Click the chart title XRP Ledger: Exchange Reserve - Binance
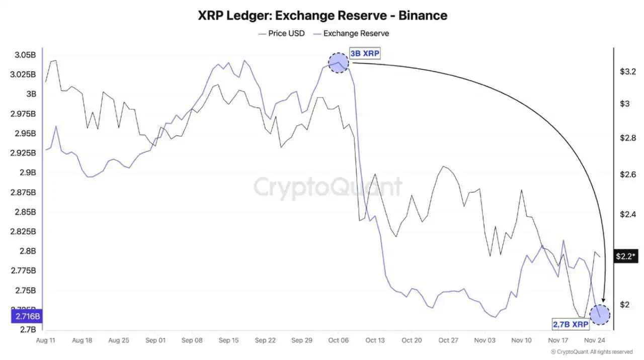[x=323, y=16]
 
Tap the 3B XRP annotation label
[x=365, y=54]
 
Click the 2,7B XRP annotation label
[x=571, y=325]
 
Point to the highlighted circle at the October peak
[x=338, y=63]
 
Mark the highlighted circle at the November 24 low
[x=600, y=314]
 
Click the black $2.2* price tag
[x=625, y=256]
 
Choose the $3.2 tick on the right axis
[x=627, y=72]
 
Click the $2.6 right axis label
[x=627, y=174]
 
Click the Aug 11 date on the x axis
[x=46, y=340]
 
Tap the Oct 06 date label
[x=338, y=340]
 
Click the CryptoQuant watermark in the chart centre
[x=328, y=188]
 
